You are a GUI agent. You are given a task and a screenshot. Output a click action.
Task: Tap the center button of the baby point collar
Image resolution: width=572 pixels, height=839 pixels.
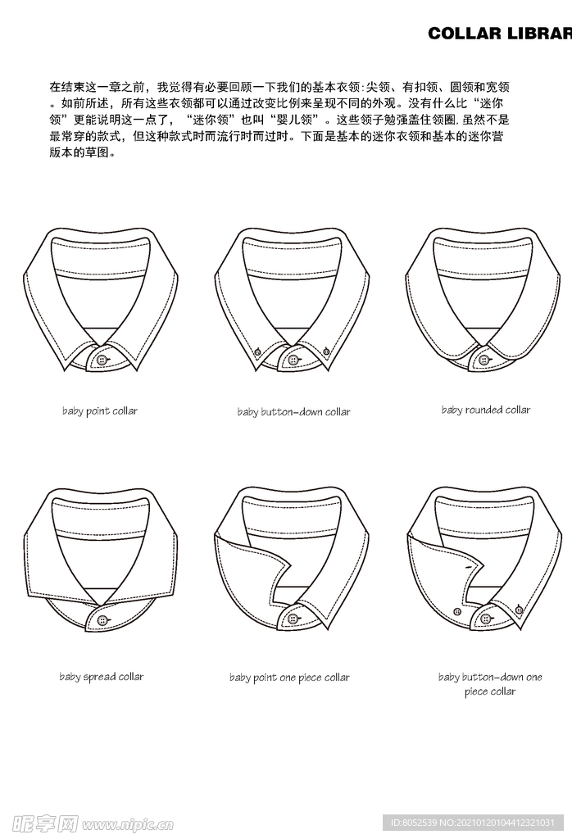(x=102, y=360)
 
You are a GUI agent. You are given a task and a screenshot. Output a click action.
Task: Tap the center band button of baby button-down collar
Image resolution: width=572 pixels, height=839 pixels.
(x=293, y=360)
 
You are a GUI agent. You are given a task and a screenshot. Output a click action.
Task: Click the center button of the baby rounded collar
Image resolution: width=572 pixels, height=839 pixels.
(x=484, y=360)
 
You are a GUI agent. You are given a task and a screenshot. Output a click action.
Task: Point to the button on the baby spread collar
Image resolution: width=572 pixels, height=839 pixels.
(x=102, y=620)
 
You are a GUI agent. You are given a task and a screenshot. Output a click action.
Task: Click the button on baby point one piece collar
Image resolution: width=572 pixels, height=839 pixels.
(x=293, y=619)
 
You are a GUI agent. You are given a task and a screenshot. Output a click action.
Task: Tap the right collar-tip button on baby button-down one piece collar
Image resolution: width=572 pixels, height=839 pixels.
(x=519, y=609)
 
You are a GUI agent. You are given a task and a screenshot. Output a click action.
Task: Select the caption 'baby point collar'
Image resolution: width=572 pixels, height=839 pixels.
(x=100, y=410)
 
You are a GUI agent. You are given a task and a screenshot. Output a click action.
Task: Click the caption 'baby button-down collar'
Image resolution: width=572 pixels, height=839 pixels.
(x=293, y=411)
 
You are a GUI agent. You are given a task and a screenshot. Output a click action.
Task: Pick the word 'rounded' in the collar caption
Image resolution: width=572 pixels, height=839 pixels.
(x=483, y=410)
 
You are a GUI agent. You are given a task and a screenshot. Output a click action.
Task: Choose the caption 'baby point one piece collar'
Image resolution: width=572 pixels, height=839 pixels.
(x=289, y=678)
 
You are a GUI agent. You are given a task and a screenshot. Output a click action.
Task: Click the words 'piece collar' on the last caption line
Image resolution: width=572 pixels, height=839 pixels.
(x=490, y=692)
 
